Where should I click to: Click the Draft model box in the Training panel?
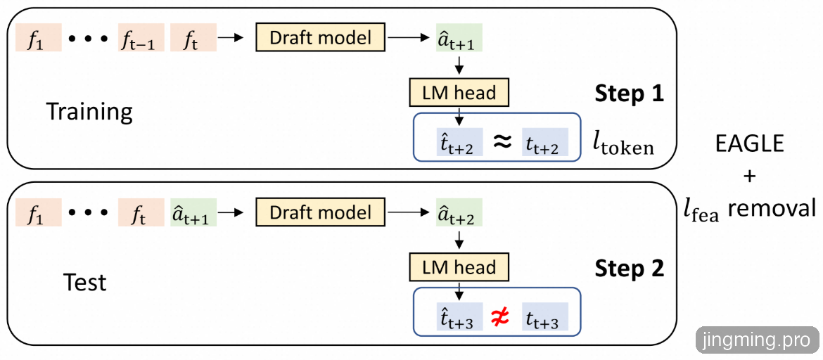coord(321,37)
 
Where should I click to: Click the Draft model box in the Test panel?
coord(321,212)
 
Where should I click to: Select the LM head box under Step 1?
coord(459,92)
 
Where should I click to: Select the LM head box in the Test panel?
coord(459,267)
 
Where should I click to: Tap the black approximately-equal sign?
coord(501,143)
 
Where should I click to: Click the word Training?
coord(89,111)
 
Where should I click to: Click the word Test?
coord(84,283)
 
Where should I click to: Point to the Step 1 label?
coord(629,94)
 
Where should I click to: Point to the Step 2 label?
coord(629,269)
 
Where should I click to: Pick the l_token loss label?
coord(623,145)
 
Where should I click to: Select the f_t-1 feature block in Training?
coord(141,38)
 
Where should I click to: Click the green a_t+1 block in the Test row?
coord(193,212)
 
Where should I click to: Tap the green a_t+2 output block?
coord(459,212)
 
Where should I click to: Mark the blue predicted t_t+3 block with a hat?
coord(458,319)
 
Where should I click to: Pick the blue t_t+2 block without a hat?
coord(544,143)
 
